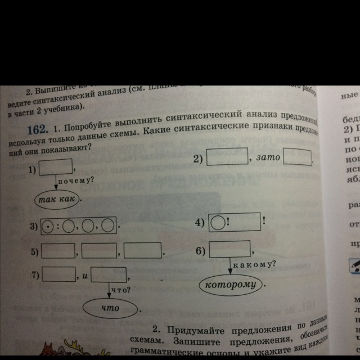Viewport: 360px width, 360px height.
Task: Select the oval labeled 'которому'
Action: coord(230,285)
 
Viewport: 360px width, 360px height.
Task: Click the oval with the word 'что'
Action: coord(110,308)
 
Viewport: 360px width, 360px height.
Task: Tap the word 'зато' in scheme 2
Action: coord(267,159)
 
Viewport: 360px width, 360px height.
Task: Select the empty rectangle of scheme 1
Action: coord(55,166)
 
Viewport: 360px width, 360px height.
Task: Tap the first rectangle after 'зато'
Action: coord(297,157)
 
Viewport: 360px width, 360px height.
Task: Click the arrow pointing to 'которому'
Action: coord(231,267)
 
